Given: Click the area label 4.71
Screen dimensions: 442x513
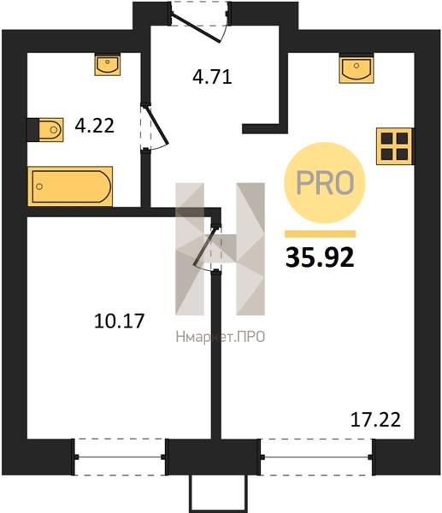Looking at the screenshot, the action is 212,77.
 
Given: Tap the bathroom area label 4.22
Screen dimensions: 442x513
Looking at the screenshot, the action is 95,126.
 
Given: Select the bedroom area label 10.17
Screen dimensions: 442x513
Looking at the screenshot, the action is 119,321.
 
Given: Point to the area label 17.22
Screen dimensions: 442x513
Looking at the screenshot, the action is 375,420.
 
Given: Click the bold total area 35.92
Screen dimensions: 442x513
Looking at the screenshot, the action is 320,256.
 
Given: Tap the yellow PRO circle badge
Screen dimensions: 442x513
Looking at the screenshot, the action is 325,183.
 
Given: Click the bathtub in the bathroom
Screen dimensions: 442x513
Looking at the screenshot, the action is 70,186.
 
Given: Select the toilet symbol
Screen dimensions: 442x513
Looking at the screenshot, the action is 45,130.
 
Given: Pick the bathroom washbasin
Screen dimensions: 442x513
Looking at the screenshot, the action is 108,65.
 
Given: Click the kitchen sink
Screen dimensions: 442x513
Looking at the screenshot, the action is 357,69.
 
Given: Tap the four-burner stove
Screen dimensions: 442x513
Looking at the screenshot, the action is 395,146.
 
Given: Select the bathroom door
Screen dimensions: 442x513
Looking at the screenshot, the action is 154,127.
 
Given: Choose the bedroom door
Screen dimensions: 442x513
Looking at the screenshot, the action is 207,247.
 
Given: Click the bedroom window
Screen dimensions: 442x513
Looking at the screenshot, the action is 120,457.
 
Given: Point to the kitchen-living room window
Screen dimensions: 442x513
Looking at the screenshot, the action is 316,457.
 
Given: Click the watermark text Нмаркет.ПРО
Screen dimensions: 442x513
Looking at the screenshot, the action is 221,337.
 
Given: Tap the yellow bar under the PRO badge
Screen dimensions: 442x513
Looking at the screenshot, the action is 321,233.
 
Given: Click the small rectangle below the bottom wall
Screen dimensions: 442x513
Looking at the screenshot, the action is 217,493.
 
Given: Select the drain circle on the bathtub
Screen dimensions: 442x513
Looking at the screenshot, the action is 39,186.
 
